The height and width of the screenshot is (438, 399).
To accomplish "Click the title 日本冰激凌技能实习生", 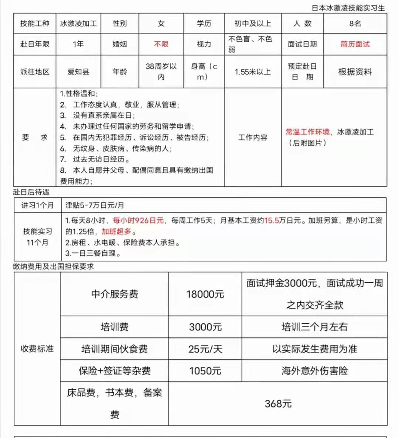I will (x=348, y=8).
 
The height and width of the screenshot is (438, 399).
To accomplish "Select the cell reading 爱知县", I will (x=78, y=72).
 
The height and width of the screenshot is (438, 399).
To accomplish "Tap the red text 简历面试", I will (x=355, y=44).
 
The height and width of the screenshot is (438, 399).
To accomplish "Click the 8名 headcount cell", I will (x=355, y=24).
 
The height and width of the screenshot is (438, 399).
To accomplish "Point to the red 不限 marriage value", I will (x=161, y=44).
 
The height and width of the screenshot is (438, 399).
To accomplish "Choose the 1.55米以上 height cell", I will (x=253, y=72).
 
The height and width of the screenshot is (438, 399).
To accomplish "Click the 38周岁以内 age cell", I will (x=161, y=72).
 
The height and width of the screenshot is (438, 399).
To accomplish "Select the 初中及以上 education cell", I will (x=253, y=24).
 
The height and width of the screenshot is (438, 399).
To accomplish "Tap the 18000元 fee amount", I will (x=205, y=294).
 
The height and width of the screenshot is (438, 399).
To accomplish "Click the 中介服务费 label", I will (x=115, y=294).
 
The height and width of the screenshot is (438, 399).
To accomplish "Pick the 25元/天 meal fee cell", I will (x=205, y=349).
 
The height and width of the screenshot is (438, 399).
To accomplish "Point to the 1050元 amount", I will (x=205, y=371).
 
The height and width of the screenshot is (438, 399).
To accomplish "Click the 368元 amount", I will (x=278, y=404).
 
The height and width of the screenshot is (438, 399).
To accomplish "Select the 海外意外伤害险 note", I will (x=314, y=371).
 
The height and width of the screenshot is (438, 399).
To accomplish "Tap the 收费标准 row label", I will (x=37, y=349).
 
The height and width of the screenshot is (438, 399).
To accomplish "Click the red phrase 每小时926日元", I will (x=138, y=220).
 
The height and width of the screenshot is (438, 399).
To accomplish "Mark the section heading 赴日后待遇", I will (x=31, y=192).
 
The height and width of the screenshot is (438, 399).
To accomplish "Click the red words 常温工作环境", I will (x=308, y=132).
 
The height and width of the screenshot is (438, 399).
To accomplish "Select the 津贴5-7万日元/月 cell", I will (x=95, y=205).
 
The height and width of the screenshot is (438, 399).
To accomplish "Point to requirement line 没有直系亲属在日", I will (x=103, y=115).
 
